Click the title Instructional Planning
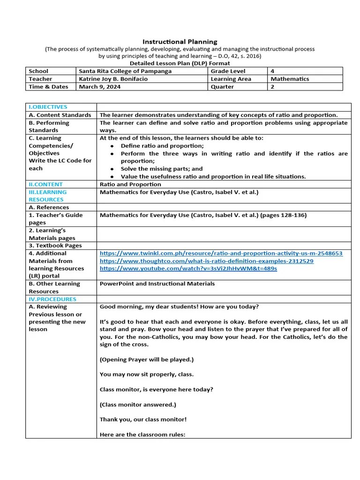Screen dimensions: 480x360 coord(180,42)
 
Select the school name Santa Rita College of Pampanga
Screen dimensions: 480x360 coord(125,71)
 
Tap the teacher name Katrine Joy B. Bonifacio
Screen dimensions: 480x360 coord(113,79)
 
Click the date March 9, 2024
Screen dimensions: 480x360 coord(99,87)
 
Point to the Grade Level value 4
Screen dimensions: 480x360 coord(272,71)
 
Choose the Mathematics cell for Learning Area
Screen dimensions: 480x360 coord(290,79)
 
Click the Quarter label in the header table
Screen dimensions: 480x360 coord(222,87)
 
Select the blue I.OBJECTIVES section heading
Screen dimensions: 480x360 coord(48,107)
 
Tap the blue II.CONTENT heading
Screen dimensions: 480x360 coord(45,184)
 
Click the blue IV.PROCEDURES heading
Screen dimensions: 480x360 coord(52,299)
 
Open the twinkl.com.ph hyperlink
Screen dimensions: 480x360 coord(221,253)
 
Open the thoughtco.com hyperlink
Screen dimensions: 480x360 coord(206,261)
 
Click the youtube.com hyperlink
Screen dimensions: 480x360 coord(188,269)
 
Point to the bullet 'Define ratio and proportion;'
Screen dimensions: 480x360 coord(159,146)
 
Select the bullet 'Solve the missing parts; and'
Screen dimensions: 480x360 coord(162,169)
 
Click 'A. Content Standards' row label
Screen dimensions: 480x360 coord(60,115)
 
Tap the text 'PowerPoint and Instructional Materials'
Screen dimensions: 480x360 coord(157,284)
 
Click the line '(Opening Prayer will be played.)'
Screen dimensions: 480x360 coord(146,360)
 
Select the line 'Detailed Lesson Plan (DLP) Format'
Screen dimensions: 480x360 coord(180,63)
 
